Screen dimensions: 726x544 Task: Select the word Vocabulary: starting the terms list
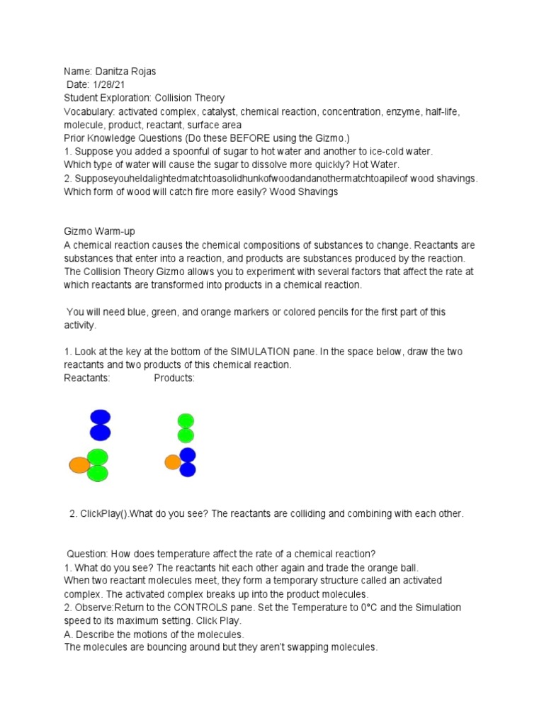click(x=89, y=112)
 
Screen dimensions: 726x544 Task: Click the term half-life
click(x=443, y=112)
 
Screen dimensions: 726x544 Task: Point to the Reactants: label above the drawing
click(x=87, y=378)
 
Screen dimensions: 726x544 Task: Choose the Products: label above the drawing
click(x=174, y=378)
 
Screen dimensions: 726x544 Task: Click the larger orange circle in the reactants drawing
click(x=79, y=465)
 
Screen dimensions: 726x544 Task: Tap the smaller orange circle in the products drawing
click(x=172, y=462)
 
